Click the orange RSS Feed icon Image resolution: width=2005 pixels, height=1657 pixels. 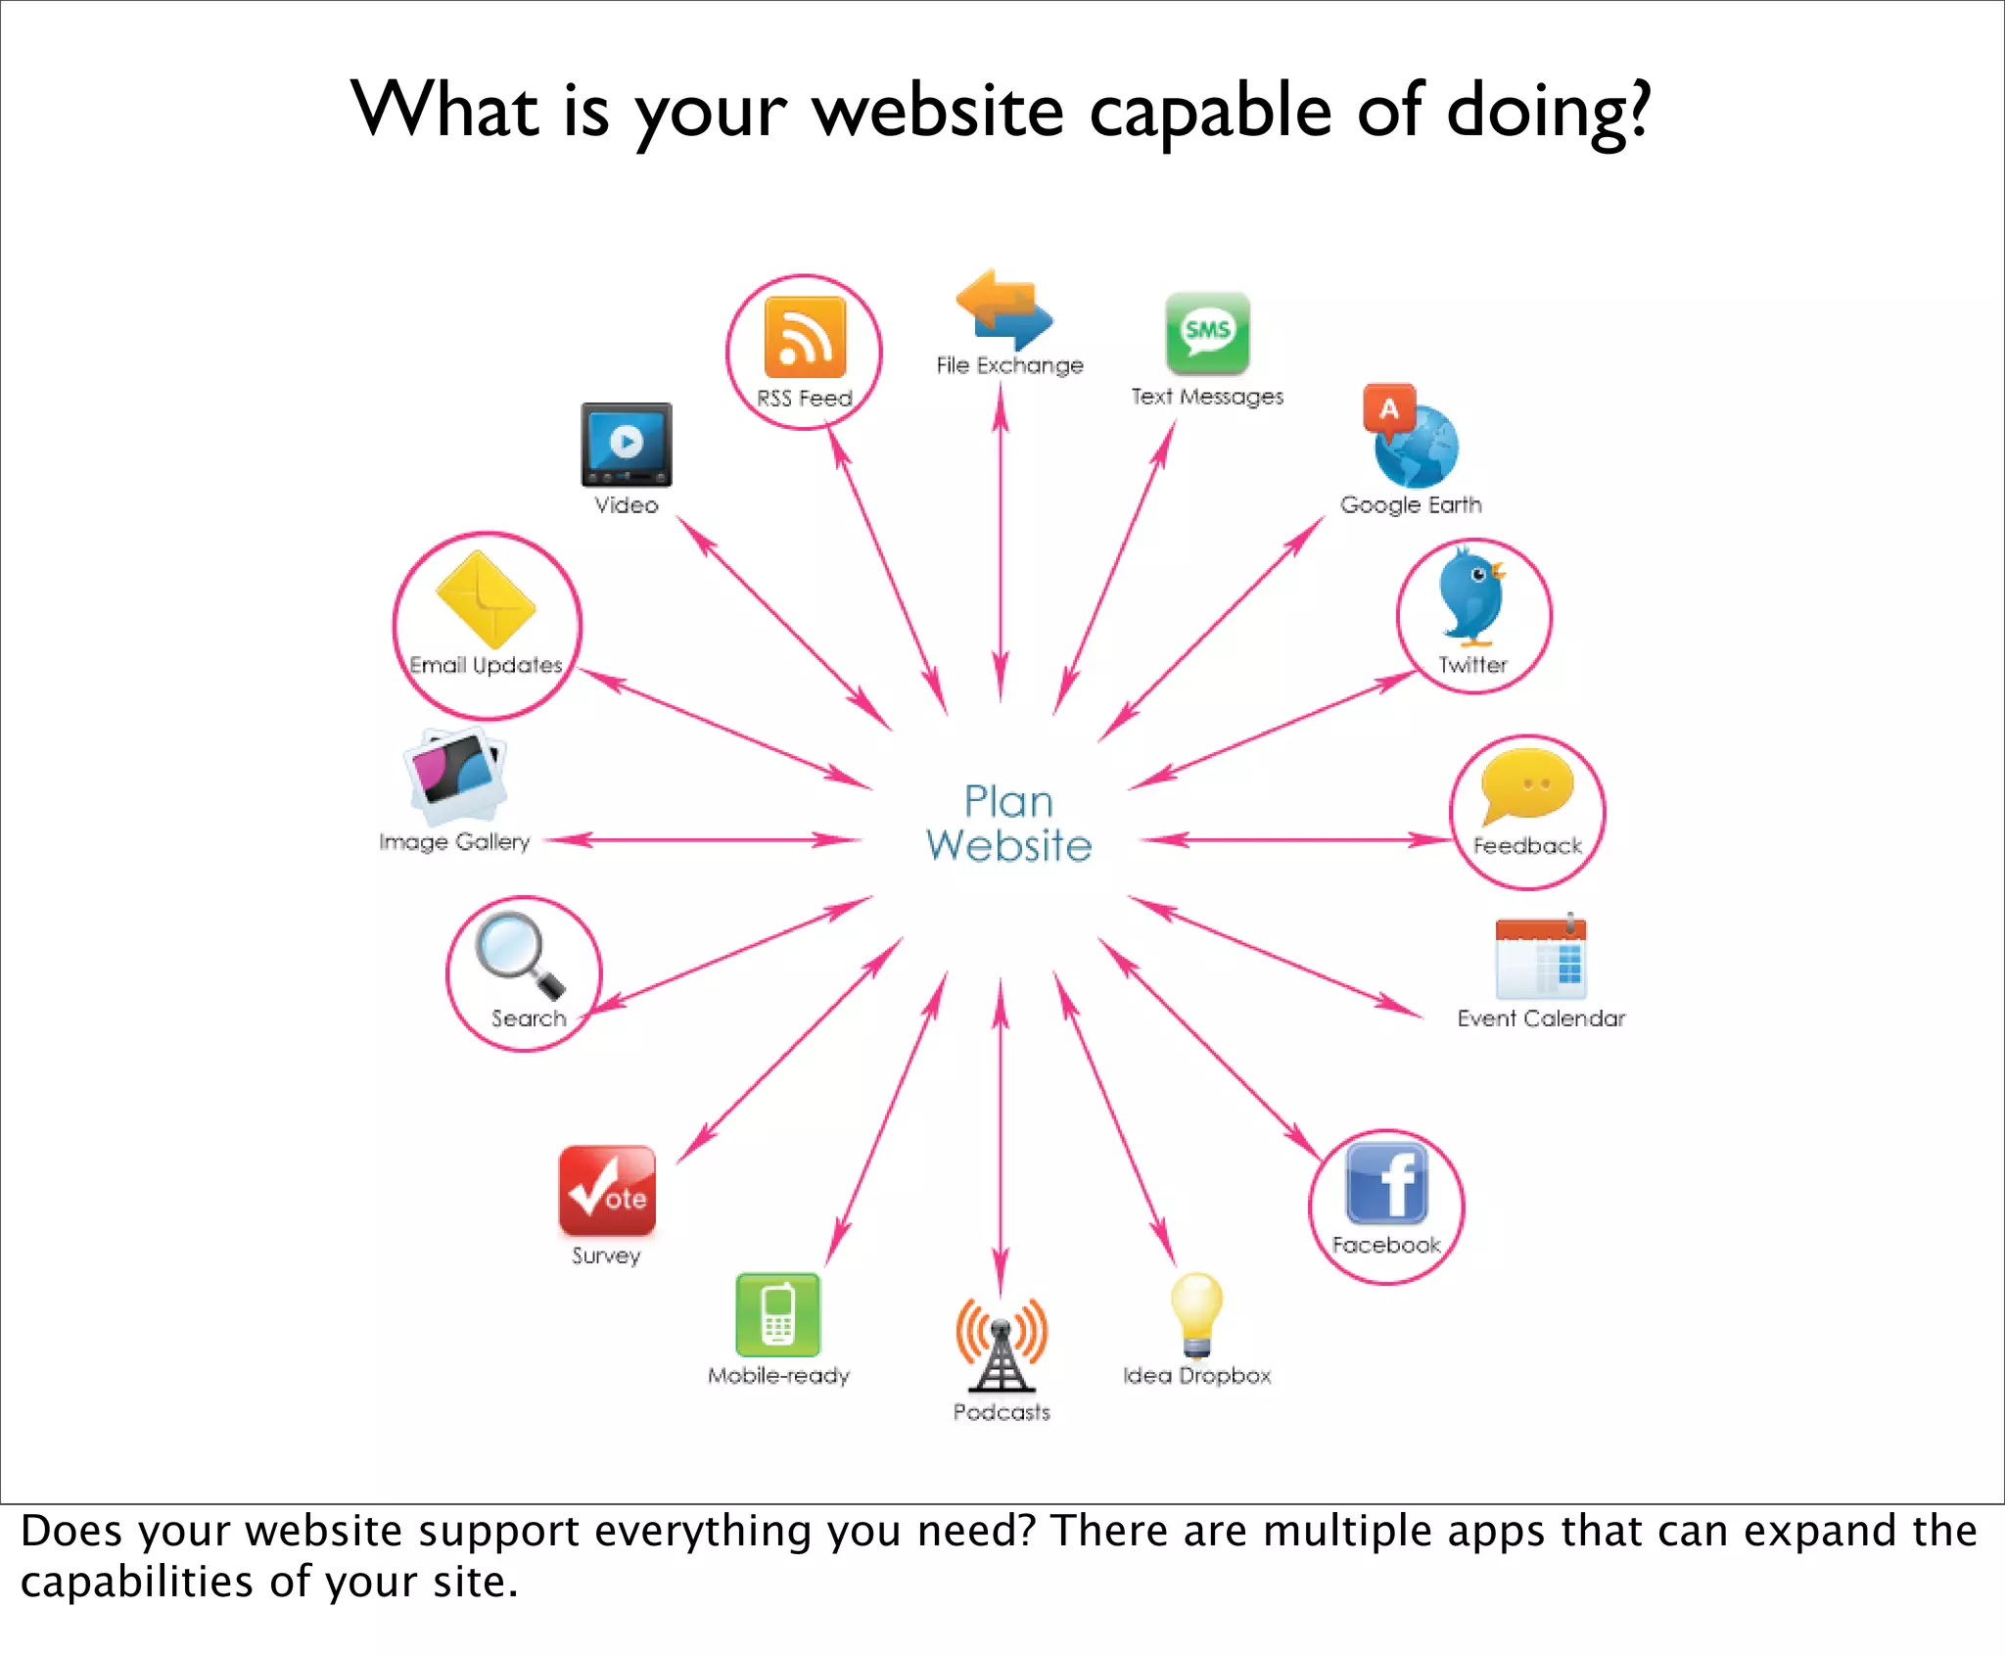(805, 338)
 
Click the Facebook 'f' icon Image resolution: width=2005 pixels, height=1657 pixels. (1386, 1184)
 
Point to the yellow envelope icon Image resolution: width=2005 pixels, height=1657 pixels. (486, 599)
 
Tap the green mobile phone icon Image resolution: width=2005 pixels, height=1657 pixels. (778, 1314)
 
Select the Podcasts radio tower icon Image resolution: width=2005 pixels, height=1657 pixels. (1001, 1345)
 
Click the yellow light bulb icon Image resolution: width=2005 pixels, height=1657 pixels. (1196, 1313)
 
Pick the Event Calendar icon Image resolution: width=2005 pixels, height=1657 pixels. (1541, 957)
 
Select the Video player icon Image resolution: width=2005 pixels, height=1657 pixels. (627, 445)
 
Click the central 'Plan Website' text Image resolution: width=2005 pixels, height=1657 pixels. (1008, 824)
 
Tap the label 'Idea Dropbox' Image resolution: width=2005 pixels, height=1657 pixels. (1196, 1376)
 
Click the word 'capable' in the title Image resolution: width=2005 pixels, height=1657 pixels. (1210, 110)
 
